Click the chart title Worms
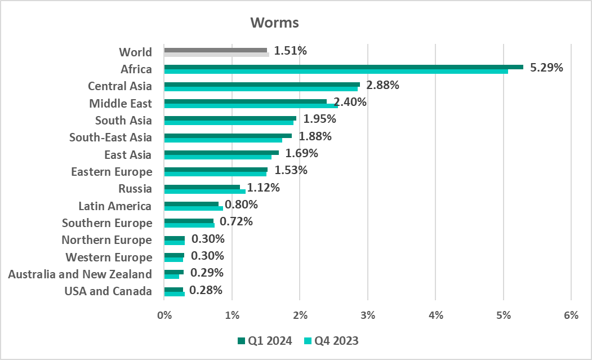click(x=274, y=23)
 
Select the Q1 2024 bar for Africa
click(x=343, y=67)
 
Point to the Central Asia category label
click(x=120, y=86)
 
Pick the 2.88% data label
click(x=382, y=86)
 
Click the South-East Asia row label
click(x=110, y=137)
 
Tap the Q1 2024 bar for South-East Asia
click(x=228, y=135)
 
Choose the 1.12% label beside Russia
click(x=263, y=188)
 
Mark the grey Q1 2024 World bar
click(x=215, y=50)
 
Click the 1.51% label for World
click(x=290, y=51)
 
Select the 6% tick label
click(x=571, y=316)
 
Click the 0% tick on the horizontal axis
click(x=164, y=316)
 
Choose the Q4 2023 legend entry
click(x=331, y=341)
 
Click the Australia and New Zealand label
click(x=80, y=274)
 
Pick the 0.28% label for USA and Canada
click(x=206, y=291)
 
